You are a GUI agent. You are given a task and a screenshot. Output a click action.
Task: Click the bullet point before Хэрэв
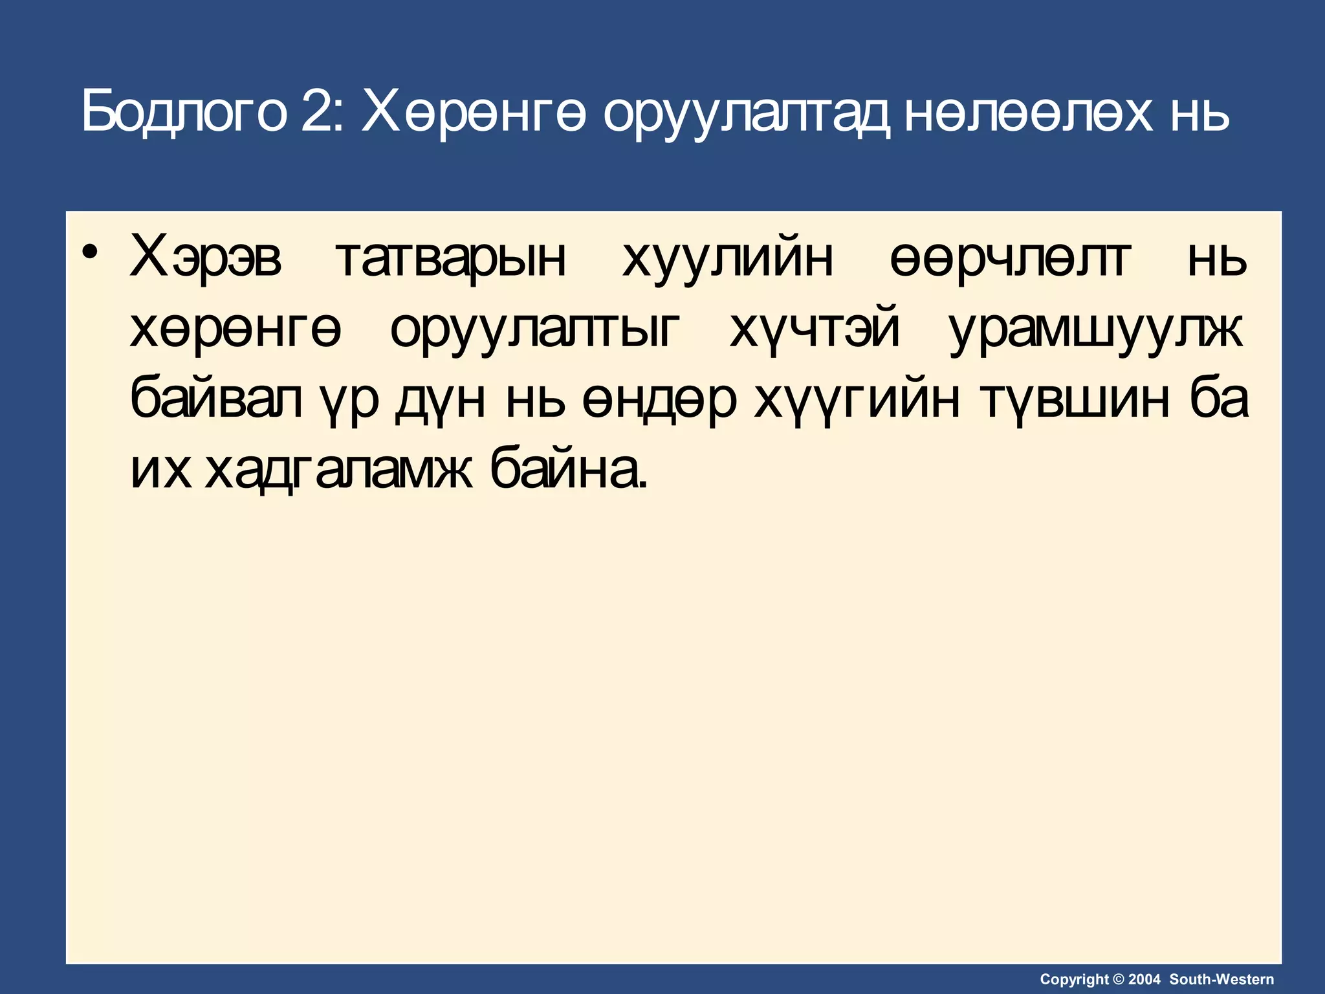[x=91, y=252]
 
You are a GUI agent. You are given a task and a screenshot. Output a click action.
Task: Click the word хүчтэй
[x=815, y=329]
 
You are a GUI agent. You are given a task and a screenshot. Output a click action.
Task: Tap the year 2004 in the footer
[x=1144, y=979]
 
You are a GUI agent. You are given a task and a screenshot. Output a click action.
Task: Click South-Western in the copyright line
[x=1221, y=979]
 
